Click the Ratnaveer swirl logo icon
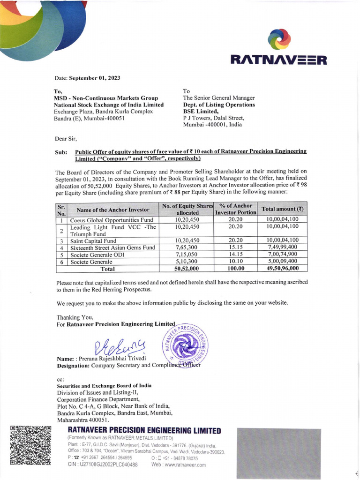pyautogui.click(x=279, y=40)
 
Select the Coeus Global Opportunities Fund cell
pyautogui.click(x=112, y=219)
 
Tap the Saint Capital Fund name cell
pyautogui.click(x=94, y=240)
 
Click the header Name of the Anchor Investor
pyautogui.click(x=113, y=210)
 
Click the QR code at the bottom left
pyautogui.click(x=30, y=445)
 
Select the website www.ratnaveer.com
pyautogui.click(x=179, y=465)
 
